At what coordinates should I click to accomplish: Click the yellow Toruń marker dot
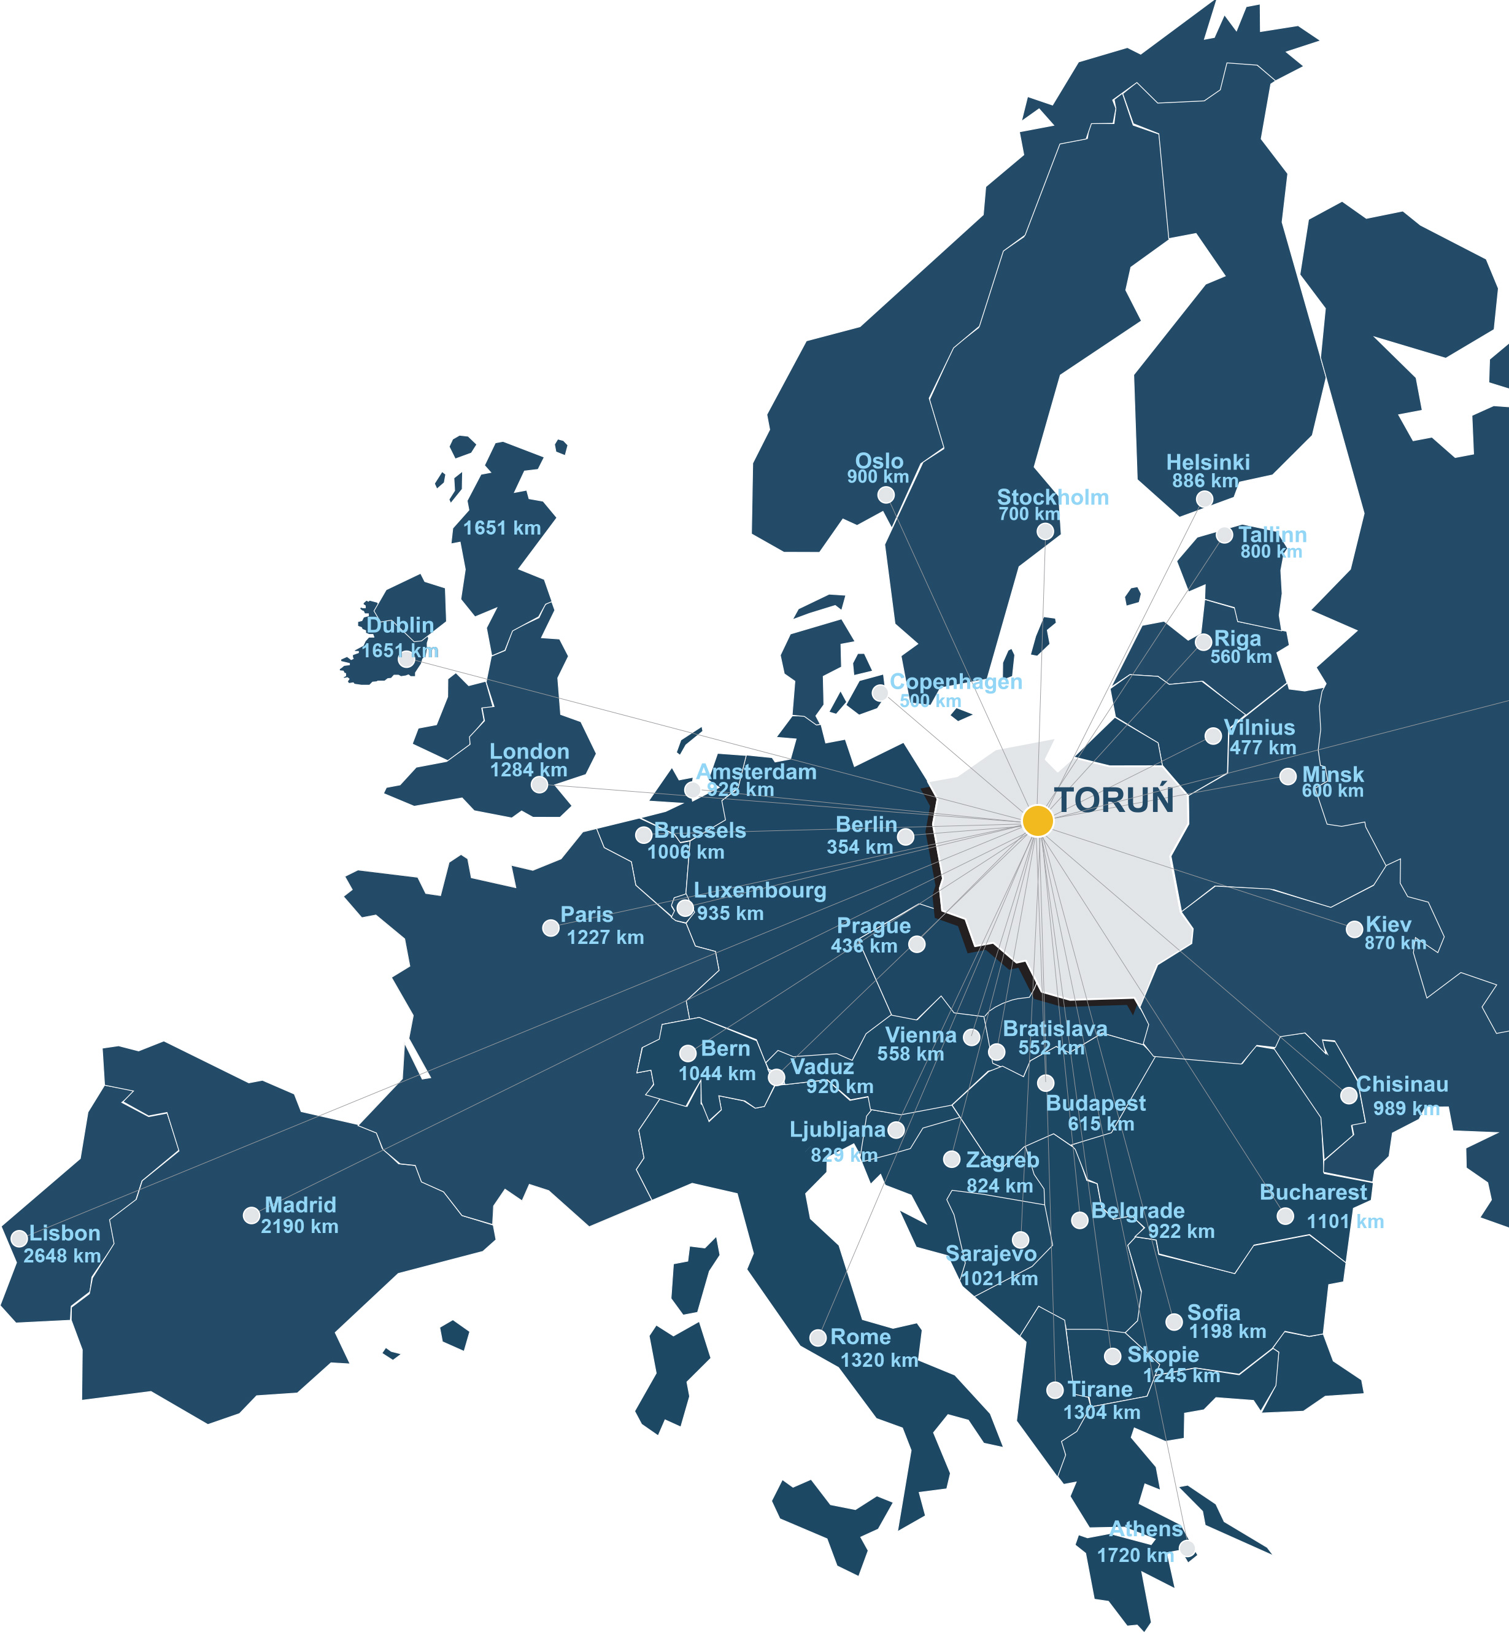1037,820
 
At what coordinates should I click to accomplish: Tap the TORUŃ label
1114,801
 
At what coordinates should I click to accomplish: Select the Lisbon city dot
19,1238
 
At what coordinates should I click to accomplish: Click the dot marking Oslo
886,495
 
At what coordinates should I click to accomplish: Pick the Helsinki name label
1208,462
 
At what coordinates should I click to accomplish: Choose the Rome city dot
818,1338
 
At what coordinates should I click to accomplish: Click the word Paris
586,914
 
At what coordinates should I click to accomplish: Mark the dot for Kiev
1354,929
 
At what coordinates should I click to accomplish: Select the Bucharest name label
1313,1192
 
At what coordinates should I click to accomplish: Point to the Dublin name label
400,625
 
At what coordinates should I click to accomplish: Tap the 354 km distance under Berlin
860,847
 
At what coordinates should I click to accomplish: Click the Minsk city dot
1287,776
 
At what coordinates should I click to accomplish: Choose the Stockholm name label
1052,497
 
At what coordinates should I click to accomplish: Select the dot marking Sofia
1173,1321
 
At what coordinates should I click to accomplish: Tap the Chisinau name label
1402,1084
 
